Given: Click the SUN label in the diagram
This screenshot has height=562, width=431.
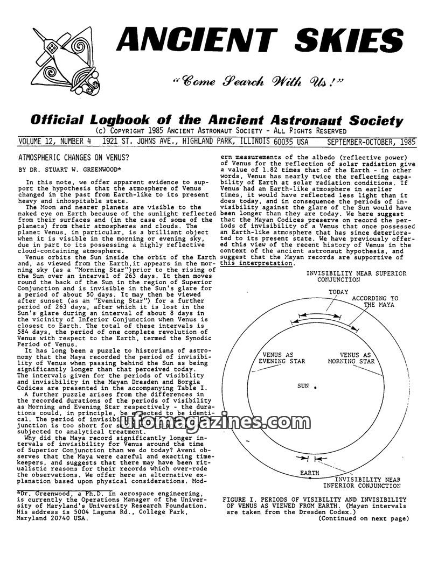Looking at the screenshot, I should click(x=303, y=386).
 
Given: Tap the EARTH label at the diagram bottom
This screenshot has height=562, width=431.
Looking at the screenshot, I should click(x=309, y=473).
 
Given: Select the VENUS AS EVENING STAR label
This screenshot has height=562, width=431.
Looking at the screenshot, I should click(x=282, y=358).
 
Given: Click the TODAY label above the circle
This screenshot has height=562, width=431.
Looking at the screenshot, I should click(x=338, y=292).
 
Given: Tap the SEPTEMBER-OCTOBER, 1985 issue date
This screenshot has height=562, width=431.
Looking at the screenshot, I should click(x=371, y=142).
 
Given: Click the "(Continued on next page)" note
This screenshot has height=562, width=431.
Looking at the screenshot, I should click(x=363, y=519).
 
